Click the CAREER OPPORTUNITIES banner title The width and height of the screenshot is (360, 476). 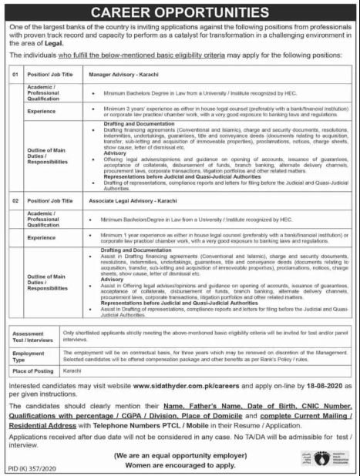180,13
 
